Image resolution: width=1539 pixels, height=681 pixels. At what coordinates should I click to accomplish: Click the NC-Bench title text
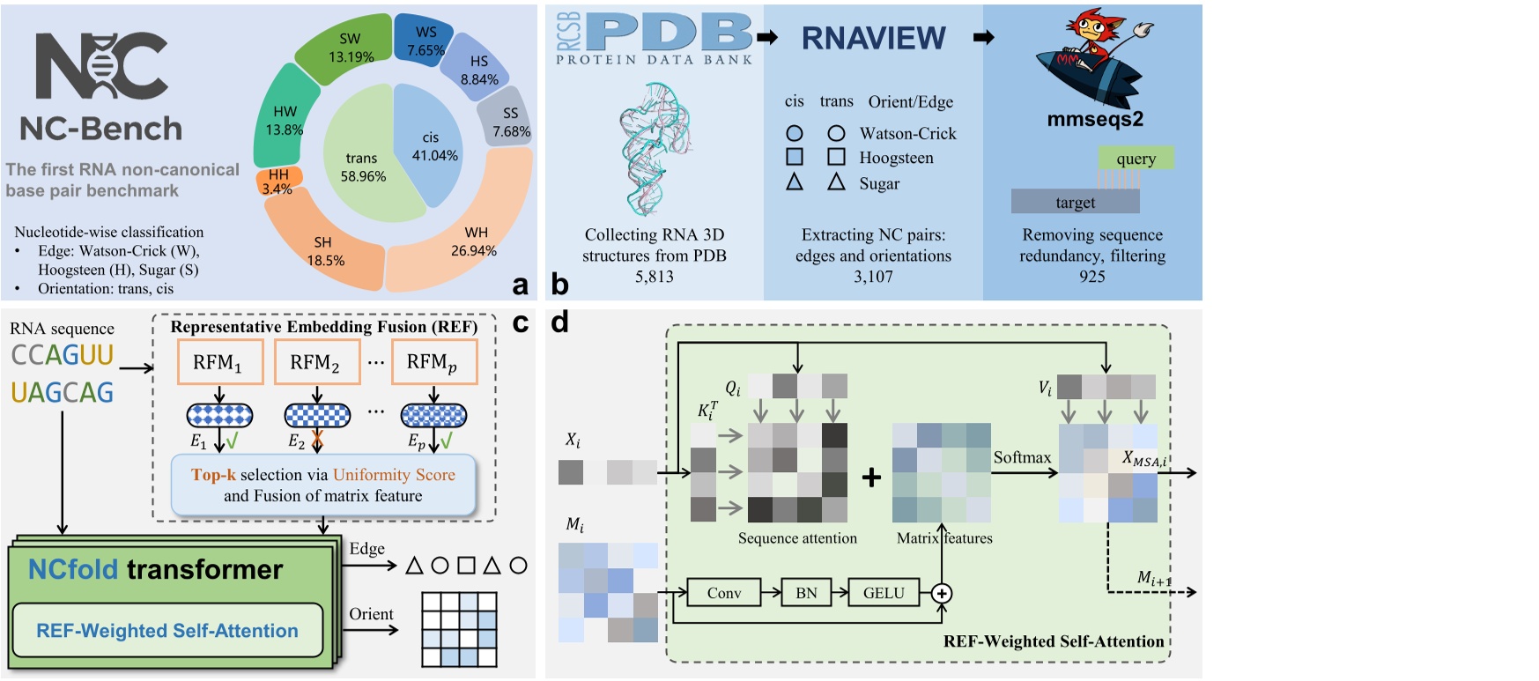[x=101, y=130]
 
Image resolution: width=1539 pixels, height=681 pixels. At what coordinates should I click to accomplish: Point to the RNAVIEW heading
[x=873, y=38]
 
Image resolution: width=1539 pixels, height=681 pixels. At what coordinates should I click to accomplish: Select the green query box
[x=1136, y=159]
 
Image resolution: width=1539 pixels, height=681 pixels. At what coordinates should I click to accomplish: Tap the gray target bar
[x=1075, y=202]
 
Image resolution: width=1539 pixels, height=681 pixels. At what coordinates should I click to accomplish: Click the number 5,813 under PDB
[x=654, y=277]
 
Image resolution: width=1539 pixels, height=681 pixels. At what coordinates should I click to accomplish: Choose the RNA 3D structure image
[x=654, y=150]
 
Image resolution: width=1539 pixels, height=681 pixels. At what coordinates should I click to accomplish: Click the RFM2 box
[x=316, y=362]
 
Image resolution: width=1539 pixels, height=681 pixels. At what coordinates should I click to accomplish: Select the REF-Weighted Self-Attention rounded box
[x=167, y=630]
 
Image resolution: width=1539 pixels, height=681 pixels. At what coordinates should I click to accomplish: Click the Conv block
[x=724, y=593]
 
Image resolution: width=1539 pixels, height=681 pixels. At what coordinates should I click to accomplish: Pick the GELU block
[x=884, y=593]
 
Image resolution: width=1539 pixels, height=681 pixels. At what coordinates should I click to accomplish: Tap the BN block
[x=806, y=593]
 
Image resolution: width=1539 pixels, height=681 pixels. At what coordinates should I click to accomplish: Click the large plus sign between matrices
[x=871, y=477]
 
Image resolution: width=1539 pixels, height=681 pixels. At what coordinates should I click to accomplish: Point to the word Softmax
[x=1022, y=457]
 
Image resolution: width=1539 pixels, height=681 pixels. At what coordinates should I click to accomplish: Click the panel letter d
[x=559, y=322]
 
